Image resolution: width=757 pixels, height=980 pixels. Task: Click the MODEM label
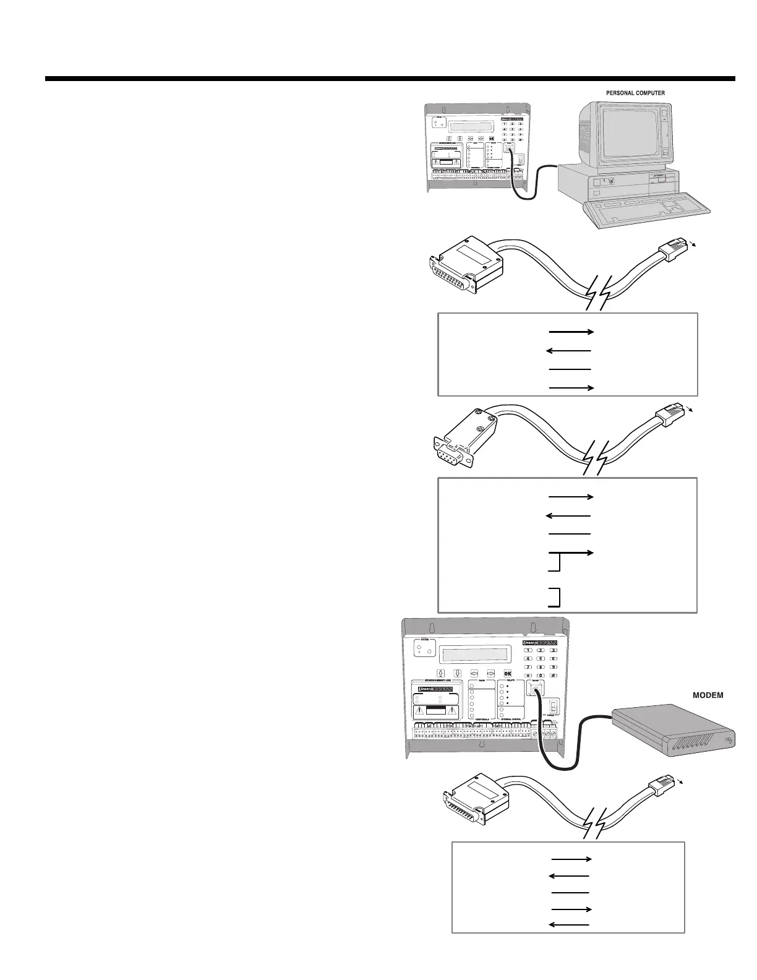tap(708, 695)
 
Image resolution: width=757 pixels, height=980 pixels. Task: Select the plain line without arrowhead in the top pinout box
tap(570, 369)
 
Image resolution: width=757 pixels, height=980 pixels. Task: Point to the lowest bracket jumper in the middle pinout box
tap(556, 596)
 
